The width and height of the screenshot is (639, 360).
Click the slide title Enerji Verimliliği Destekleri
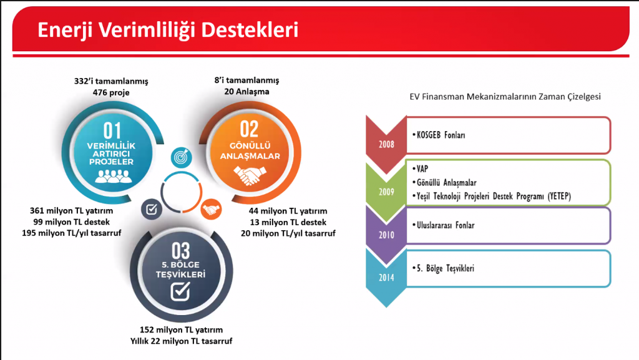(168, 31)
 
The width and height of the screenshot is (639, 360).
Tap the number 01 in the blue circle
(112, 131)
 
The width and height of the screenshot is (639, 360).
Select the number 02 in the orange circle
(249, 130)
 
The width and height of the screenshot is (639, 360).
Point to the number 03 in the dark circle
(180, 251)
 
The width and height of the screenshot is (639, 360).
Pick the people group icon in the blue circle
(114, 175)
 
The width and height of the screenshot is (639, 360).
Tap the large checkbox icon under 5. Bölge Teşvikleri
(180, 291)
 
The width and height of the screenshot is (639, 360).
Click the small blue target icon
(182, 157)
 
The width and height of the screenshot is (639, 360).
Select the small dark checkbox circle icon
(152, 209)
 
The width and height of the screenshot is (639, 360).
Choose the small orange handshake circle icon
(211, 210)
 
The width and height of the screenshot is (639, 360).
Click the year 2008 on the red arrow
(386, 145)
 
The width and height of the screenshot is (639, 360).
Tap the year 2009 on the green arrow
(386, 192)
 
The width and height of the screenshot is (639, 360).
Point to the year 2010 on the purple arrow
(386, 235)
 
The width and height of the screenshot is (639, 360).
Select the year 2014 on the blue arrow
(386, 278)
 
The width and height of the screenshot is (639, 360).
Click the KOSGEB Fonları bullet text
(439, 135)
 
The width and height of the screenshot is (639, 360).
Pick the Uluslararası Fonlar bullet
(444, 225)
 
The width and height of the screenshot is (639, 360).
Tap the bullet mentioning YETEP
(492, 197)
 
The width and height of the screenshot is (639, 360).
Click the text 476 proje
(111, 92)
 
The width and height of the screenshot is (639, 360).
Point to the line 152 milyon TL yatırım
(182, 329)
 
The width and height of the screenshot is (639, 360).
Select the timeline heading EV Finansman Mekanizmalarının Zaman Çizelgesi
(505, 97)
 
